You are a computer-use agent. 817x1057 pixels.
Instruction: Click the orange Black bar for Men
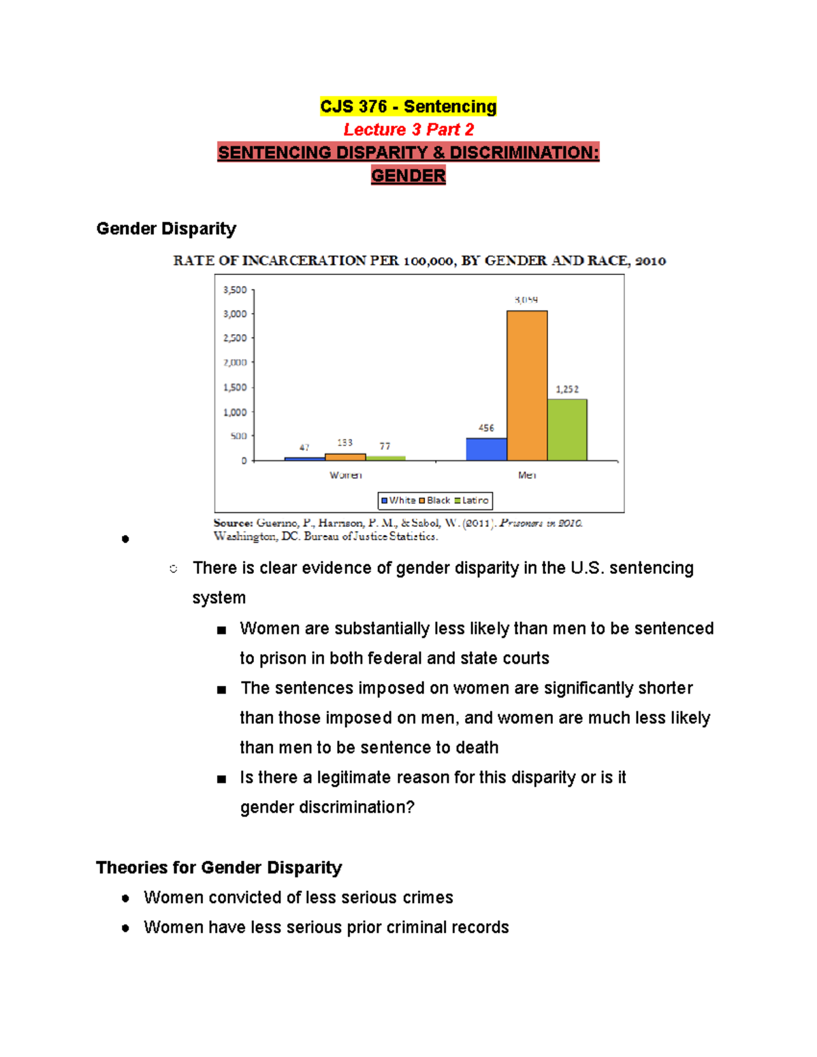click(x=527, y=385)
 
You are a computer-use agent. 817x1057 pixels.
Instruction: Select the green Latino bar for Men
click(x=567, y=429)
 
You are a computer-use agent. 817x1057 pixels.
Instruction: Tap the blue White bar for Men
click(x=486, y=449)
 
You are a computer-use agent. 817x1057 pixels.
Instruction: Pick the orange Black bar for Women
click(x=345, y=457)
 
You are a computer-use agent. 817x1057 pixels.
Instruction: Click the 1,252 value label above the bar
click(x=567, y=389)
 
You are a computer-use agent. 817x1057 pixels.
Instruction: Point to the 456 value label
click(x=486, y=428)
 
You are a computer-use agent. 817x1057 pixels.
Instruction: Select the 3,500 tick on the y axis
click(x=235, y=290)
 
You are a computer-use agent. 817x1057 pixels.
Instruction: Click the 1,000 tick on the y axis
click(x=235, y=412)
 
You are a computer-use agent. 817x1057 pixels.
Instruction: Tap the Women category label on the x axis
click(x=345, y=475)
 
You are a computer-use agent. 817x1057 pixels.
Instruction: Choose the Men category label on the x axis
click(x=527, y=475)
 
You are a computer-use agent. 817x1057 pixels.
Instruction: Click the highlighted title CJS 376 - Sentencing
click(x=408, y=107)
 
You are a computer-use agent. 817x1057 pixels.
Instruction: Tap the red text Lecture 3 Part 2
click(x=408, y=129)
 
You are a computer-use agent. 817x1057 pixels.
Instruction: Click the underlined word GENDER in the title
click(x=408, y=176)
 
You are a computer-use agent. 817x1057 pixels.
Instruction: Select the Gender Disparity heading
click(x=166, y=229)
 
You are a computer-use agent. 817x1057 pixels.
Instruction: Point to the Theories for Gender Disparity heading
click(x=219, y=868)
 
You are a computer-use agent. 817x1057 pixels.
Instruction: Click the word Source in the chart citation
click(x=233, y=523)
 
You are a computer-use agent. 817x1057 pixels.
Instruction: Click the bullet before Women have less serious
click(x=125, y=928)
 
